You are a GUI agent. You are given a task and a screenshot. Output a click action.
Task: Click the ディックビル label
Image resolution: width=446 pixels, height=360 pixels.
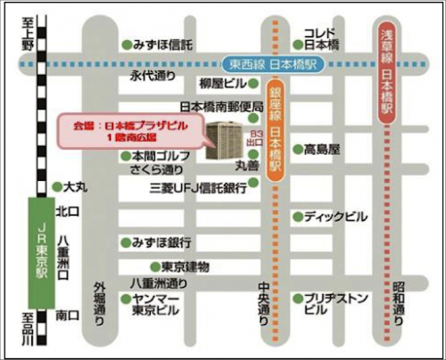334,216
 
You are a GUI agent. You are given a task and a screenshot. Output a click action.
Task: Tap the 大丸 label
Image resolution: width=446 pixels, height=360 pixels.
75,188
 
